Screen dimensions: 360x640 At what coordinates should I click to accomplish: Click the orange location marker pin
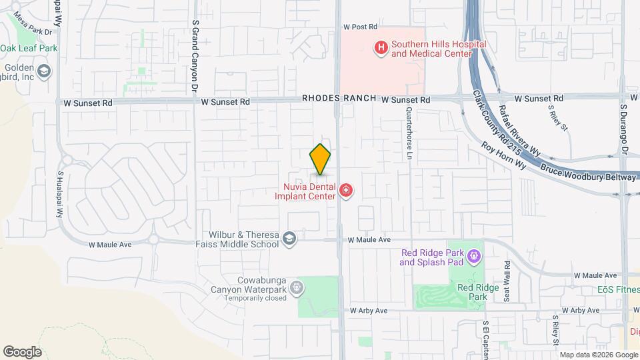tap(320, 159)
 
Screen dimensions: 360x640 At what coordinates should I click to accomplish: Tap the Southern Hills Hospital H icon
tap(381, 47)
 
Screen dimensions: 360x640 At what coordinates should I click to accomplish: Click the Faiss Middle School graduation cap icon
tap(289, 239)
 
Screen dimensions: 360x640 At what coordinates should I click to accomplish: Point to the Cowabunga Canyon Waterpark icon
tap(297, 288)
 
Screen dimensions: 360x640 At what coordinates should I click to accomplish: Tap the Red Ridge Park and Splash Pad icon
tap(473, 255)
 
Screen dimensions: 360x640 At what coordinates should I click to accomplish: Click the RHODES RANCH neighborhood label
tap(339, 98)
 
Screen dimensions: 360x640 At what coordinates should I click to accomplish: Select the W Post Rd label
tap(360, 27)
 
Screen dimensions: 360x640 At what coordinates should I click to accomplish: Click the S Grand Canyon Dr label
tap(195, 56)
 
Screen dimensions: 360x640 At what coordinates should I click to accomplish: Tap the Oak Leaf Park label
tap(29, 48)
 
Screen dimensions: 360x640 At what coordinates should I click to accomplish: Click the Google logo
tap(22, 351)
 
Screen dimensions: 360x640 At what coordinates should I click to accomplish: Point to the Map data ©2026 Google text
tap(598, 355)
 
